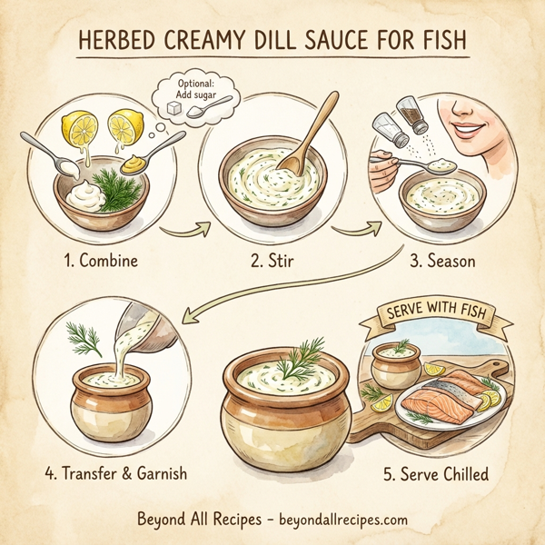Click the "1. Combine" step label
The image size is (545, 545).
(100, 261)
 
